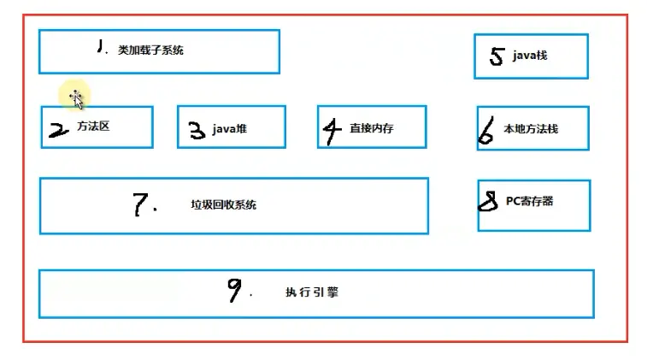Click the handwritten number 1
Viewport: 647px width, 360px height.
[102, 47]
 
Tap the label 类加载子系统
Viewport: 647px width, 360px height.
[150, 50]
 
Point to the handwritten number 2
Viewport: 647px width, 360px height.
[59, 130]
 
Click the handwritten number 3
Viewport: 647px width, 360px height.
[197, 130]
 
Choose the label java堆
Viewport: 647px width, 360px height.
[230, 130]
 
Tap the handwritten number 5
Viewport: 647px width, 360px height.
[497, 56]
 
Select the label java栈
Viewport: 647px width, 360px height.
[530, 56]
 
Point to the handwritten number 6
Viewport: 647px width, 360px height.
[486, 131]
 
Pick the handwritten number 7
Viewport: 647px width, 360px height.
[143, 204]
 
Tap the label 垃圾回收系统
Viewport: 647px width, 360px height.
[223, 205]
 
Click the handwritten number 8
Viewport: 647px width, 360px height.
[489, 202]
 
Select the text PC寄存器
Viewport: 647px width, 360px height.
[529, 201]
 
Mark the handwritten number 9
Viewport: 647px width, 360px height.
[236, 291]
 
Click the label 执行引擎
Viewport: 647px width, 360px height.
[312, 292]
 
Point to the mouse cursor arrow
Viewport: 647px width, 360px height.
[77, 99]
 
